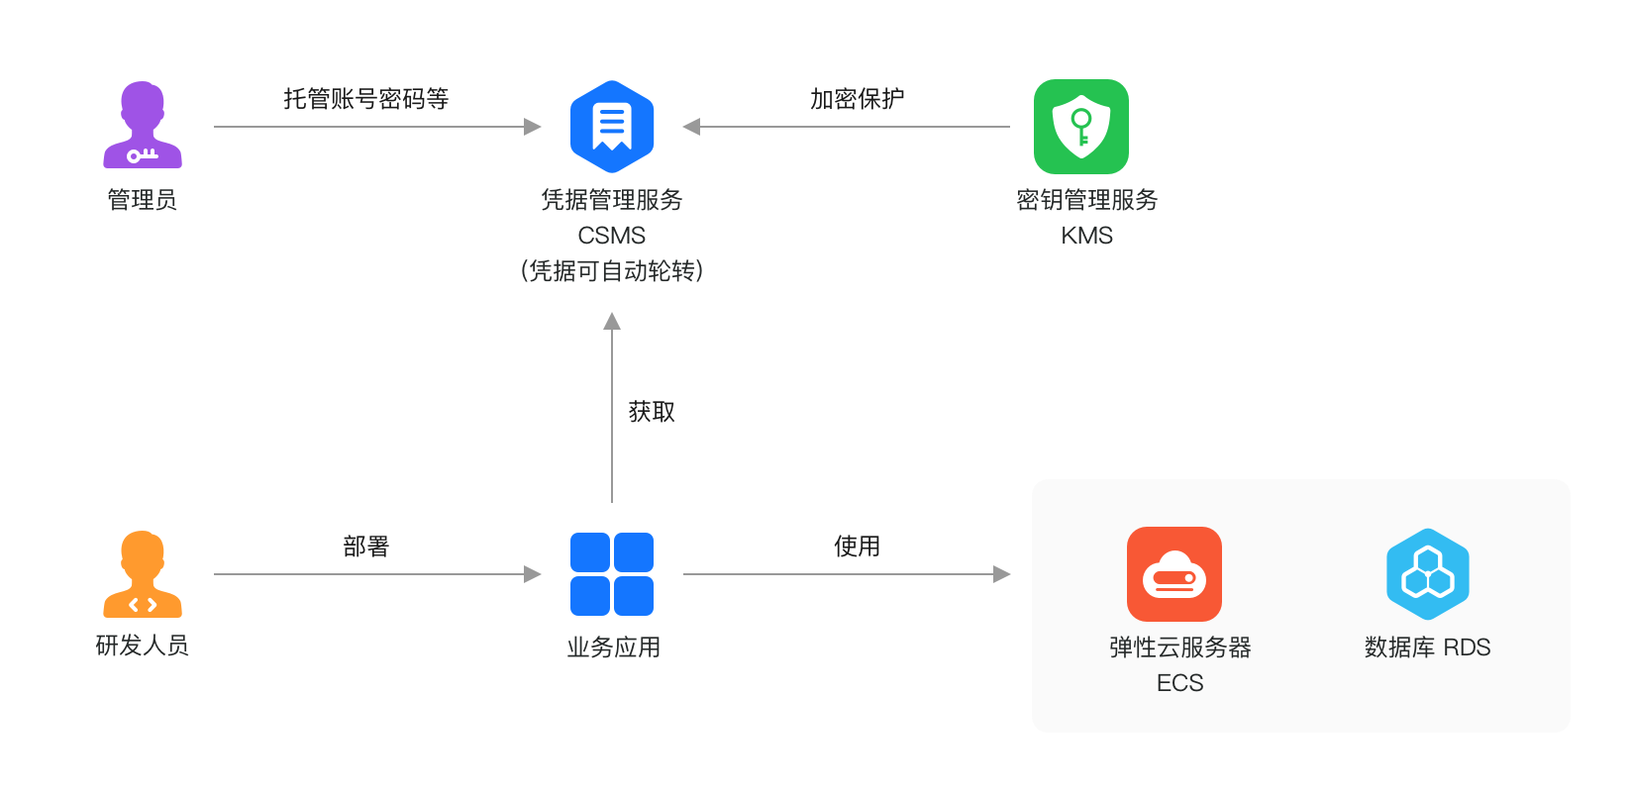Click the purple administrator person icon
tap(143, 125)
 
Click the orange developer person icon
tap(143, 574)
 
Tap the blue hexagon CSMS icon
tap(612, 127)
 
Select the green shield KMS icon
tap(1081, 127)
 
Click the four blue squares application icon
tap(612, 574)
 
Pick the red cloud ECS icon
tap(1174, 574)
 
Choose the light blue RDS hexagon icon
tap(1428, 574)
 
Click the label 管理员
tap(143, 200)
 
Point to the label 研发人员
tap(143, 647)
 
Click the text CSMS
tap(612, 236)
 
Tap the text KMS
tap(1087, 236)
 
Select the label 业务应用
tap(614, 647)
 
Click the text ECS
tap(1180, 683)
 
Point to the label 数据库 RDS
tap(1428, 647)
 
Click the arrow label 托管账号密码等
tap(366, 99)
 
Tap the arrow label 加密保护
tap(857, 99)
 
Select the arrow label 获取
tap(652, 412)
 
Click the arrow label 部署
tap(366, 547)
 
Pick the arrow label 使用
tap(857, 547)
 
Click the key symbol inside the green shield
tap(1081, 126)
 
